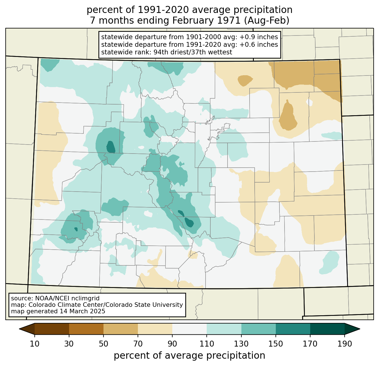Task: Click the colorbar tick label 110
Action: pyautogui.click(x=207, y=344)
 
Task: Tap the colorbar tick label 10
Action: pyautogui.click(x=34, y=344)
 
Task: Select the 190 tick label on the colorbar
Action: pyautogui.click(x=345, y=344)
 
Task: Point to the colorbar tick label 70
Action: pyautogui.click(x=138, y=344)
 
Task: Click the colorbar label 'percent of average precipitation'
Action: pyautogui.click(x=189, y=356)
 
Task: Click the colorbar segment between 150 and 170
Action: pyautogui.click(x=293, y=329)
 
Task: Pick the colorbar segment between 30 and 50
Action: pyautogui.click(x=86, y=329)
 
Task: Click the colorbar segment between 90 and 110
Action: pyautogui.click(x=189, y=329)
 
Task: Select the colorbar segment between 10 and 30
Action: pyautogui.click(x=52, y=329)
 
